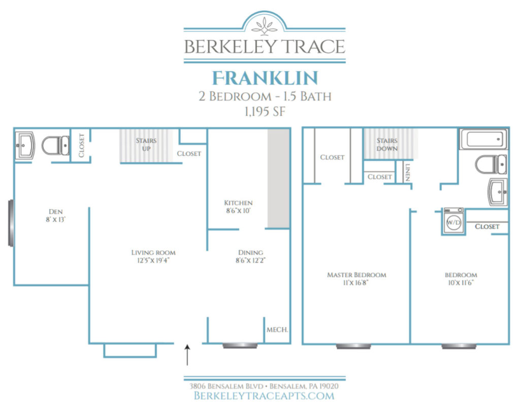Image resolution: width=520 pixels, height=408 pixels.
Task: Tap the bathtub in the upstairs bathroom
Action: point(483,139)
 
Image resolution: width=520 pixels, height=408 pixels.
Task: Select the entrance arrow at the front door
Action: point(188,355)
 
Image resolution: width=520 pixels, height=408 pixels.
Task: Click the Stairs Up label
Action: point(146,144)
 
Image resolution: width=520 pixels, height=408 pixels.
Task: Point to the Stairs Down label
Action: point(387,144)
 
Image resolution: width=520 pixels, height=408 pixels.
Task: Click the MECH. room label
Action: point(277,330)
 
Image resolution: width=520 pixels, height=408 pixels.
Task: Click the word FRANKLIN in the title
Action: point(265,78)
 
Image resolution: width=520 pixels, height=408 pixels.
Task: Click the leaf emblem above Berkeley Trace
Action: point(264,25)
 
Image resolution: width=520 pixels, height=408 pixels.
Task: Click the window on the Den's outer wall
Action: point(11,223)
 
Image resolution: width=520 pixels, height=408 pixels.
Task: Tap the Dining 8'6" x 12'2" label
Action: point(250,256)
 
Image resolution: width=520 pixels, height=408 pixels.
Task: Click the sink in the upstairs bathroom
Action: point(497,192)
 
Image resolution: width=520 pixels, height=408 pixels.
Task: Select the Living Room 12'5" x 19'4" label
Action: point(153,256)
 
